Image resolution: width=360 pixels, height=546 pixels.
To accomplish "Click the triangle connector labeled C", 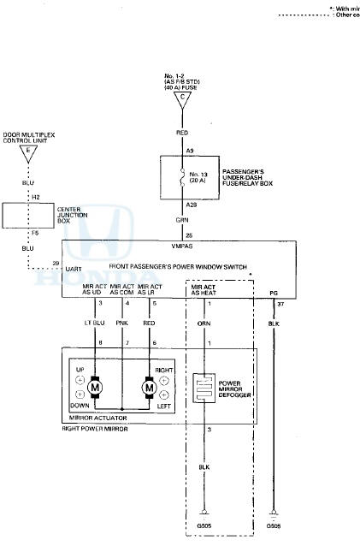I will coord(181,98).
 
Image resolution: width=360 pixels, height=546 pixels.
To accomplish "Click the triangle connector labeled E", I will coord(28,154).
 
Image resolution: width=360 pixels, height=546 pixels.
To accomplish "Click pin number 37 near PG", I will coord(280,302).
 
